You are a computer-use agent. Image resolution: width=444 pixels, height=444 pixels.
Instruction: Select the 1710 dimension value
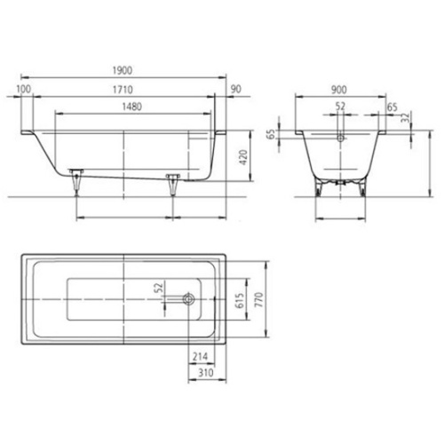point(123,90)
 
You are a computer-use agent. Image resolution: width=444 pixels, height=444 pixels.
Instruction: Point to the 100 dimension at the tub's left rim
point(24,90)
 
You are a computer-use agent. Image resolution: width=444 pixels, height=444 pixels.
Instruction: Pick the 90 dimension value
point(235,90)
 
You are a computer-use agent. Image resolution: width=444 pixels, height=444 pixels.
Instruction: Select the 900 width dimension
point(338,90)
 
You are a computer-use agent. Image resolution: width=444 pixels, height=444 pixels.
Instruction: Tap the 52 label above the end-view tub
point(342,106)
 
